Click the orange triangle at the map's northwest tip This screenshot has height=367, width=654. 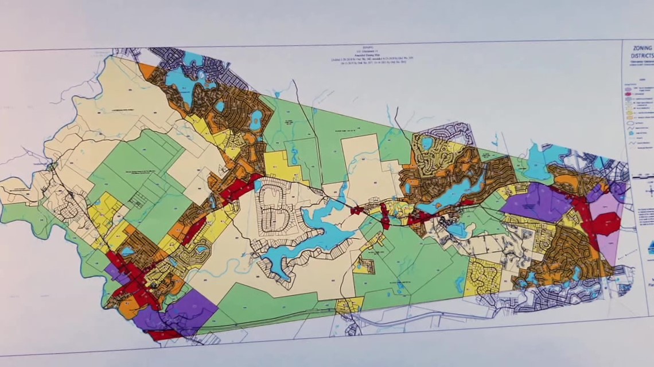pyautogui.click(x=147, y=70)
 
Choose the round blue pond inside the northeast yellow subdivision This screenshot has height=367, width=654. pyautogui.click(x=427, y=142)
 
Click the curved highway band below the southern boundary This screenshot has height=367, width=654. pyautogui.click(x=402, y=321)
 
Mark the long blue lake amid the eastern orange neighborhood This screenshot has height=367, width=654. pyautogui.click(x=459, y=192)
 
